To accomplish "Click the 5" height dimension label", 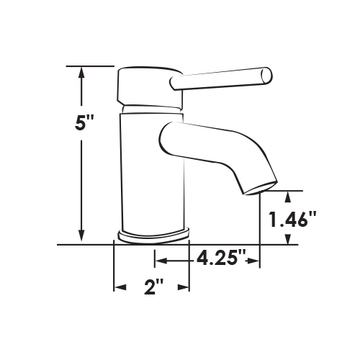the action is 84,122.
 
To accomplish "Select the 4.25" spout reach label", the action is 221,258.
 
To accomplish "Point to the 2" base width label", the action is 154,287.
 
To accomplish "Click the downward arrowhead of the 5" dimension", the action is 81,235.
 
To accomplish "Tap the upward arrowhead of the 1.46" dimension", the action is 288,197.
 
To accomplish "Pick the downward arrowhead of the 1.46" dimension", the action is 288,239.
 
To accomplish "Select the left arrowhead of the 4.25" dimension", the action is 161,261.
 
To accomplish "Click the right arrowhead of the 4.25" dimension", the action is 253,261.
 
